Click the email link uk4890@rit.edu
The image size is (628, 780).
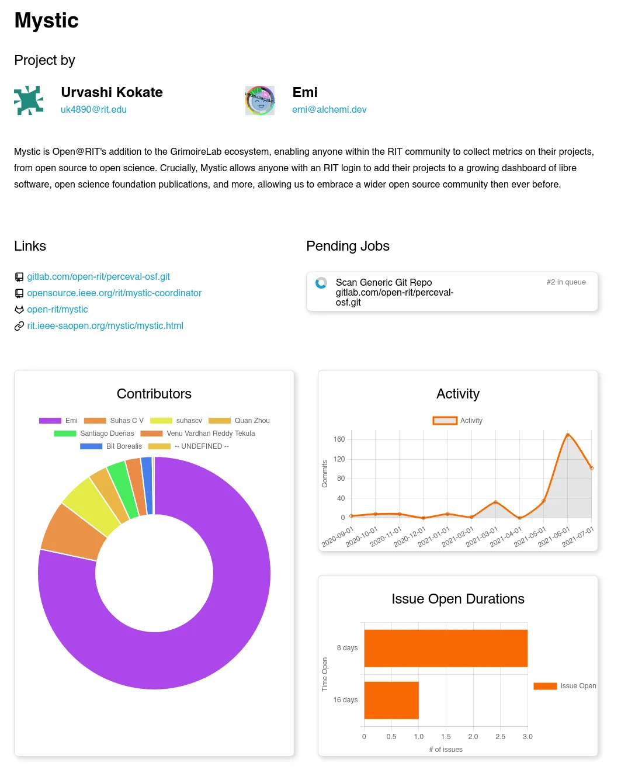point(93,109)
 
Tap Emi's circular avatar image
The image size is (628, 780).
point(260,100)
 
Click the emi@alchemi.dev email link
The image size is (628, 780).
point(329,109)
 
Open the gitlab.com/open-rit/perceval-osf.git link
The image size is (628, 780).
point(98,276)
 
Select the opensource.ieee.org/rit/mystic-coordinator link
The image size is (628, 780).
point(114,293)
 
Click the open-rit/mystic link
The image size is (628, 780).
point(57,309)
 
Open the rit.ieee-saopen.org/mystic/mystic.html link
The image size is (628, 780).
point(105,325)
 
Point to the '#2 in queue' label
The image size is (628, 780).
point(565,282)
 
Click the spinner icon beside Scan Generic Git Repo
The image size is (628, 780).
point(321,283)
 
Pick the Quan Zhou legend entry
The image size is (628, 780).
point(240,421)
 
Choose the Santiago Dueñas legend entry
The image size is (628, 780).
point(94,434)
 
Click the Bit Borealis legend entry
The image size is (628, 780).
point(111,446)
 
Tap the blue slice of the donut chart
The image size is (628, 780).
point(147,486)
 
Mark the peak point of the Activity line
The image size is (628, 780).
point(567,435)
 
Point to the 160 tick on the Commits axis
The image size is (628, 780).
point(339,439)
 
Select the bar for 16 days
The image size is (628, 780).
point(391,700)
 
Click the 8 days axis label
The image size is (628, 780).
point(347,648)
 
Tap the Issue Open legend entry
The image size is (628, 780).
point(565,686)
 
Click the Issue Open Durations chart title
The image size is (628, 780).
point(457,599)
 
